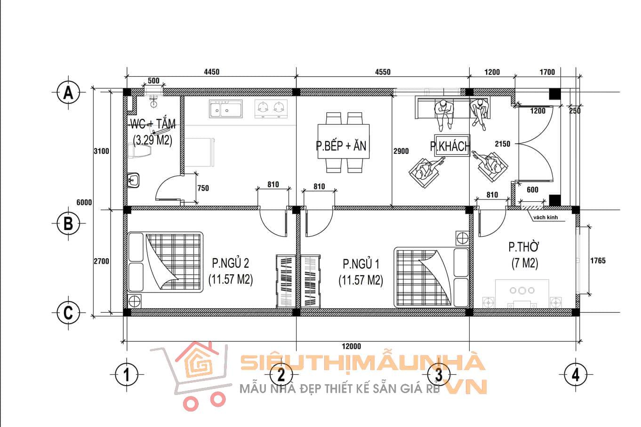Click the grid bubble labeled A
pos(68,92)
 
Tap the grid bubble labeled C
pos(68,313)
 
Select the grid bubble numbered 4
pos(576,374)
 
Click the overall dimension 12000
pos(352,346)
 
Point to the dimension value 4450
pos(212,72)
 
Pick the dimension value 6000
pos(84,203)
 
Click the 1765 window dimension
pos(598,261)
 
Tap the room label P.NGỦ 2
pos(231,263)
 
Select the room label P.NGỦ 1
pos(361,264)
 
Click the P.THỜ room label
pos(524,247)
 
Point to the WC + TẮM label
pos(153,124)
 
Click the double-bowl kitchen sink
pos(226,109)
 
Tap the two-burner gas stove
pos(271,109)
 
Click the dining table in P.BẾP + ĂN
pos(344,141)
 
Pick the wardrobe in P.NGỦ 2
pos(286,281)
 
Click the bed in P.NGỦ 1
pos(432,277)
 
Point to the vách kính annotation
pos(546,217)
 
